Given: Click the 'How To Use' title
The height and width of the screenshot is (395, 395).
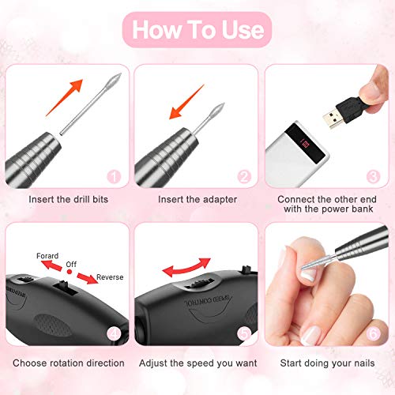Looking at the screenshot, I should [197, 29].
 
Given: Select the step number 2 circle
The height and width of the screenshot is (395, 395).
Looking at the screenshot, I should [245, 178].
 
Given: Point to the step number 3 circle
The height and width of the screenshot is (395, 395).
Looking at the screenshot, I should [374, 178].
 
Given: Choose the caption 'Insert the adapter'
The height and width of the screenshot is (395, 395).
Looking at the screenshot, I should [197, 200].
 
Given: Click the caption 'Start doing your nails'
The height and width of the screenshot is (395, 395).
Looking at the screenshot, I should [328, 363].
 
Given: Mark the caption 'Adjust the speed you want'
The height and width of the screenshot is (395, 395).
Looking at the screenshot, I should [197, 363].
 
